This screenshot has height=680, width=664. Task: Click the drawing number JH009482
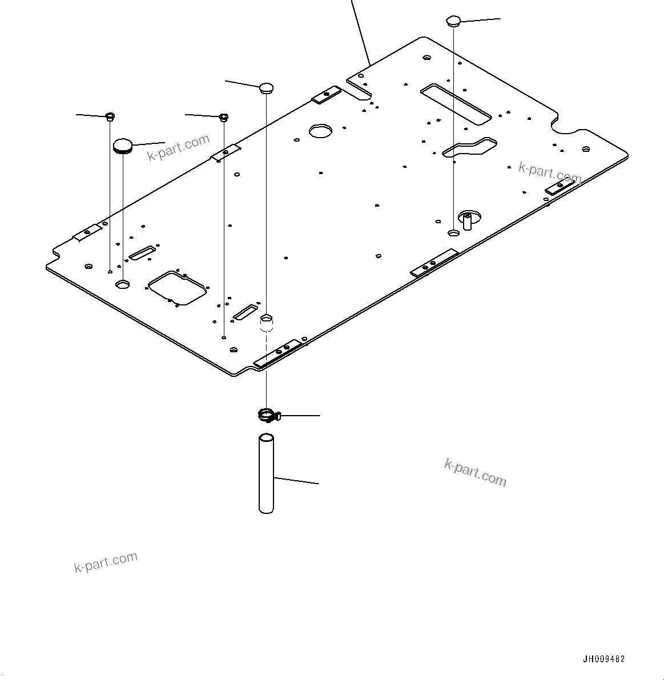(x=603, y=659)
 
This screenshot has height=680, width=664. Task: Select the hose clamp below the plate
(x=266, y=416)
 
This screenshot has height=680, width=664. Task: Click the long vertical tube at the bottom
(x=267, y=474)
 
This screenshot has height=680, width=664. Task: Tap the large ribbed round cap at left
(x=123, y=146)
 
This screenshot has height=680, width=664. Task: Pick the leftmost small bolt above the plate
(x=110, y=117)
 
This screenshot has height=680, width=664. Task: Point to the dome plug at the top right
(x=453, y=21)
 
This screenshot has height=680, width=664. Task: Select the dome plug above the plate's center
(x=267, y=87)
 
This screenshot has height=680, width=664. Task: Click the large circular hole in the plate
(x=320, y=131)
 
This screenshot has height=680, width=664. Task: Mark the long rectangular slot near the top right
(x=456, y=103)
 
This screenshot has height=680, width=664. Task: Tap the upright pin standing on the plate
(x=467, y=220)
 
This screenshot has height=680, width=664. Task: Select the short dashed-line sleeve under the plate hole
(x=267, y=325)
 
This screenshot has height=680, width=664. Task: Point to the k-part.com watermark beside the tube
(x=475, y=472)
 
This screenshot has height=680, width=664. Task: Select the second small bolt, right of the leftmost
(x=224, y=118)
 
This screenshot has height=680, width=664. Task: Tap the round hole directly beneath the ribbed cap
(x=123, y=284)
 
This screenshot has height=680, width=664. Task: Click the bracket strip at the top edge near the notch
(x=326, y=95)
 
